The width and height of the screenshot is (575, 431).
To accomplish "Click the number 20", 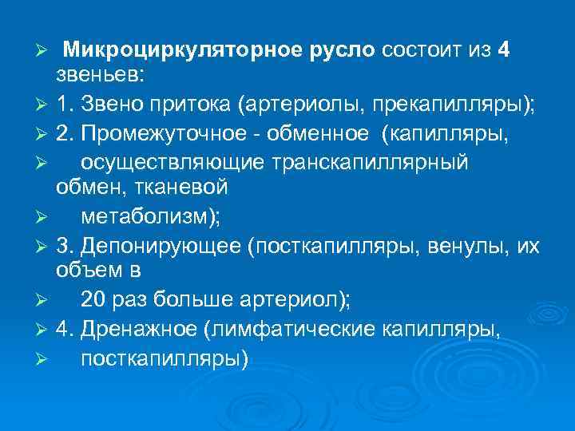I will pos(94,300).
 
